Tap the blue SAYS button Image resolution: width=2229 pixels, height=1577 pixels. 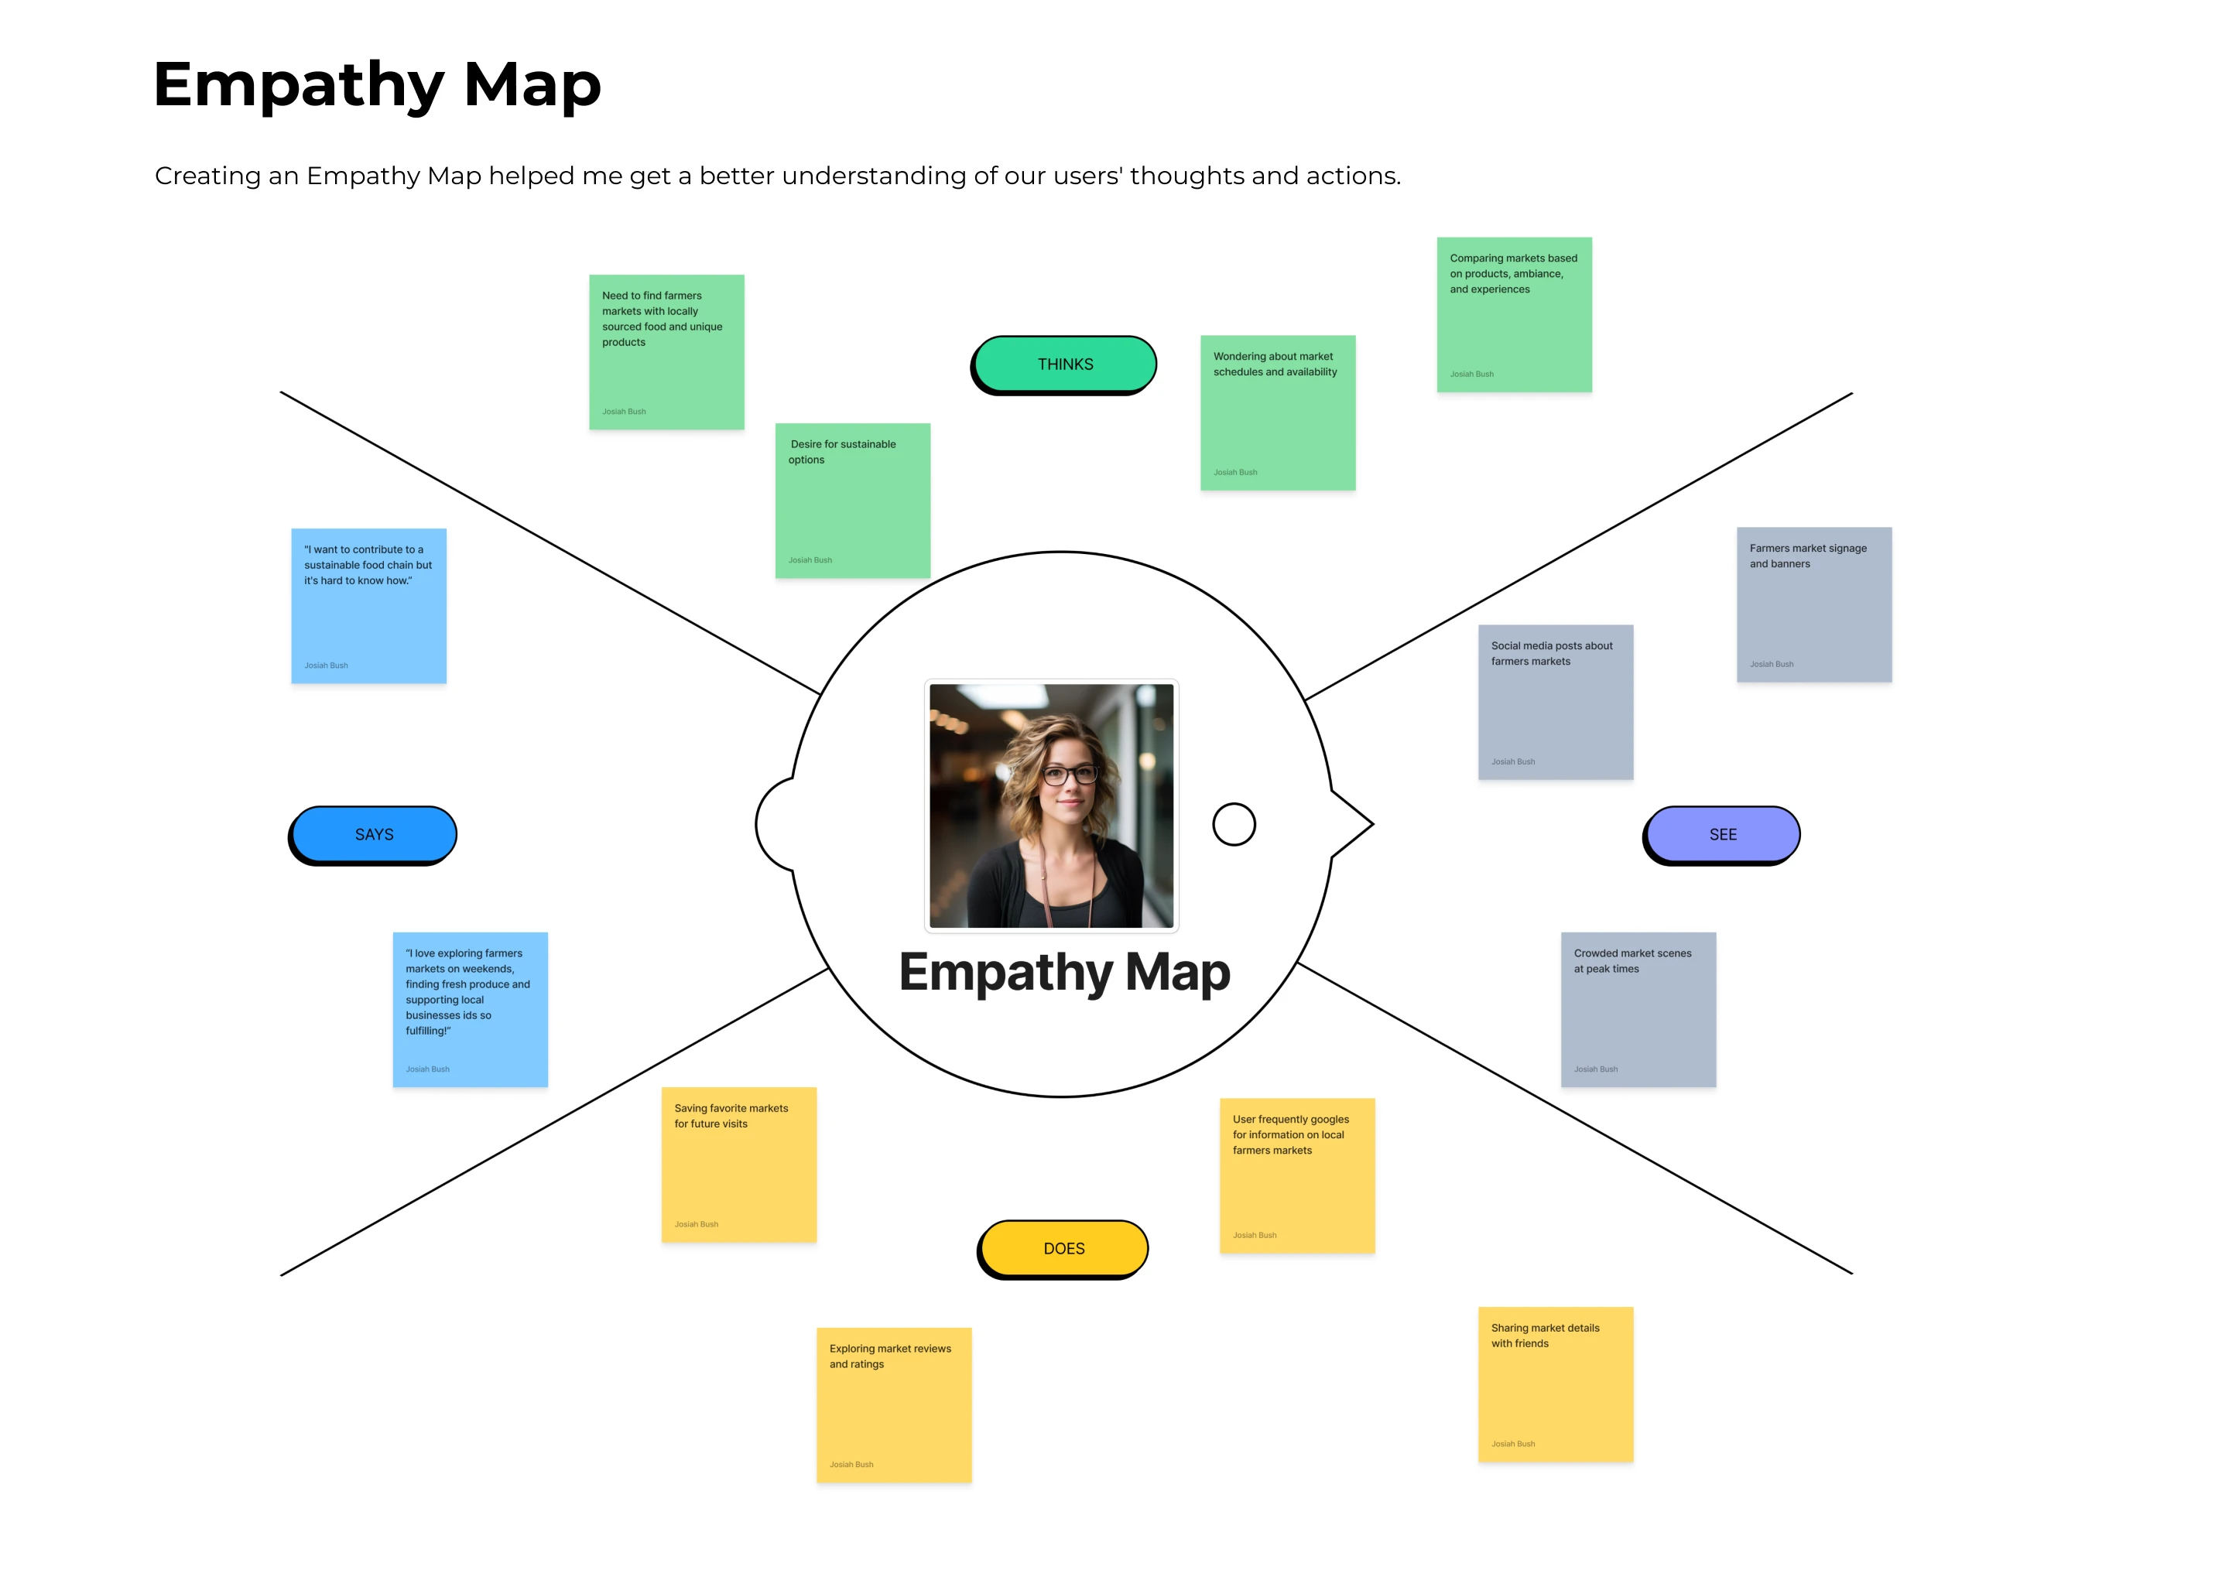click(x=374, y=834)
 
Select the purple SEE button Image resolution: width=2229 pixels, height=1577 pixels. click(x=1722, y=834)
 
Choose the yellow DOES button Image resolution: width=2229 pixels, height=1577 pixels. click(x=1063, y=1248)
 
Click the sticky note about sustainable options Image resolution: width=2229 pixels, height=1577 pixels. click(x=852, y=500)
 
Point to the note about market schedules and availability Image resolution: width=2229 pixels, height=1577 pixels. click(x=1277, y=412)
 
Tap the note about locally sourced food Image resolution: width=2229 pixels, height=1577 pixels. click(x=666, y=351)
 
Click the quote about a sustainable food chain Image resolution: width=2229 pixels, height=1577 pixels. click(x=368, y=605)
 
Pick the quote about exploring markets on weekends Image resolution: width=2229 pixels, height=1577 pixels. click(x=470, y=1009)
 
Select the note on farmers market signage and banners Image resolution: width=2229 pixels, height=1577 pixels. click(x=1813, y=604)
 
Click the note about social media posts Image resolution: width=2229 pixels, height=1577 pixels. click(x=1555, y=701)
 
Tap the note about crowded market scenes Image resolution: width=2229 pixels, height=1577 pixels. click(x=1638, y=1009)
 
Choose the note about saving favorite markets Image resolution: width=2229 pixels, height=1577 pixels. click(x=738, y=1165)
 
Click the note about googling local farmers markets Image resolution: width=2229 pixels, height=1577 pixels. click(x=1296, y=1175)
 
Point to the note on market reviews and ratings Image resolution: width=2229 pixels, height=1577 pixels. click(x=894, y=1404)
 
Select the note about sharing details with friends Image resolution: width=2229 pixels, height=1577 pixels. click(x=1555, y=1384)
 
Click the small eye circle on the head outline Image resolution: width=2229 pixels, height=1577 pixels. click(x=1234, y=824)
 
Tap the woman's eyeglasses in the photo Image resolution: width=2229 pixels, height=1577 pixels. click(x=1070, y=775)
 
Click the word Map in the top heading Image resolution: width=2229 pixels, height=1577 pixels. click(x=532, y=84)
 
